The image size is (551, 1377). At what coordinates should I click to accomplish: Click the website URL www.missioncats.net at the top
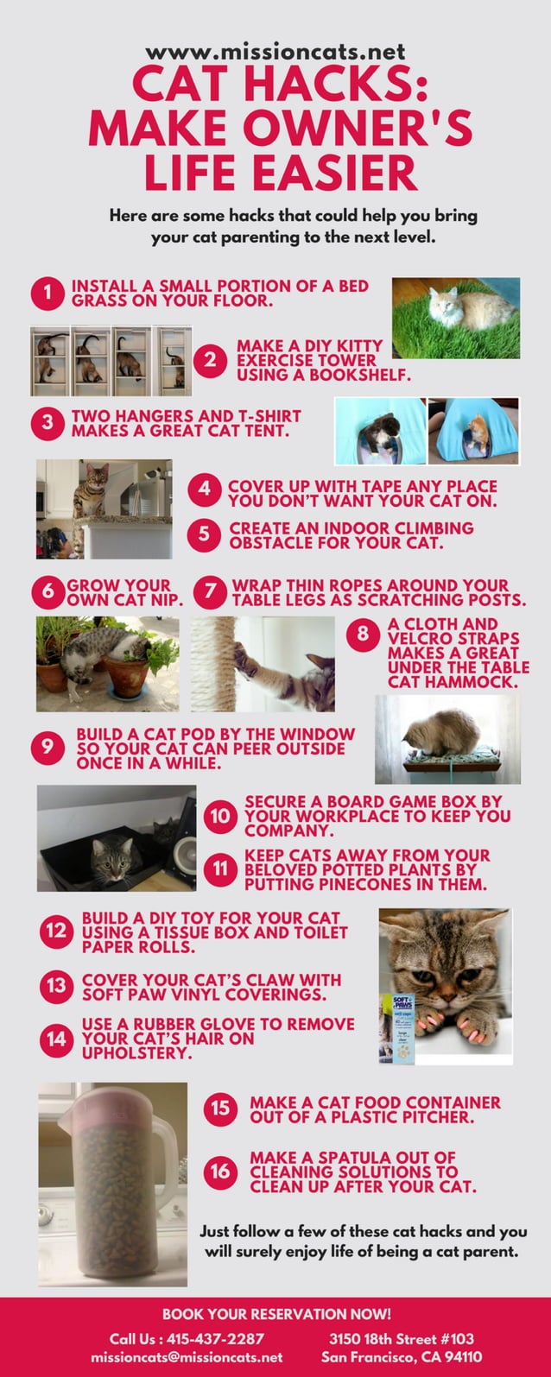click(x=275, y=53)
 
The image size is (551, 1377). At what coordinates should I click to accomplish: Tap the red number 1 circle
click(x=48, y=294)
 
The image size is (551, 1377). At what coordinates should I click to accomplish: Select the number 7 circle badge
click(x=210, y=593)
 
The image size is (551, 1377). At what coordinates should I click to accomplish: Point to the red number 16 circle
click(x=221, y=1172)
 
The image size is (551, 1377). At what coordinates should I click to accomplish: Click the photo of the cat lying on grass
click(x=456, y=318)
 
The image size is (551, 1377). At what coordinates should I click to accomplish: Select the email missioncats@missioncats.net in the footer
click(x=187, y=1357)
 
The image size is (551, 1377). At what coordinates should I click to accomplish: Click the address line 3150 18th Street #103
click(x=402, y=1339)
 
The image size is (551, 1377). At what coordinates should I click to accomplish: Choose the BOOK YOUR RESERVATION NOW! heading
click(x=275, y=1314)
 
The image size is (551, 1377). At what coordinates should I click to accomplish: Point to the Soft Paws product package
click(x=402, y=1027)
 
